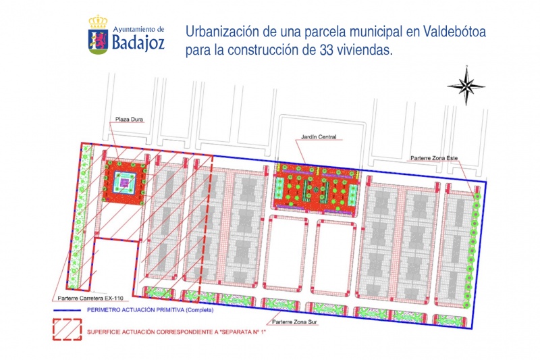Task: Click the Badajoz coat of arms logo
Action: click(98, 35)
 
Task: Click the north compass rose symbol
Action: click(465, 84)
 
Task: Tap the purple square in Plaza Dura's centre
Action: click(124, 182)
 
